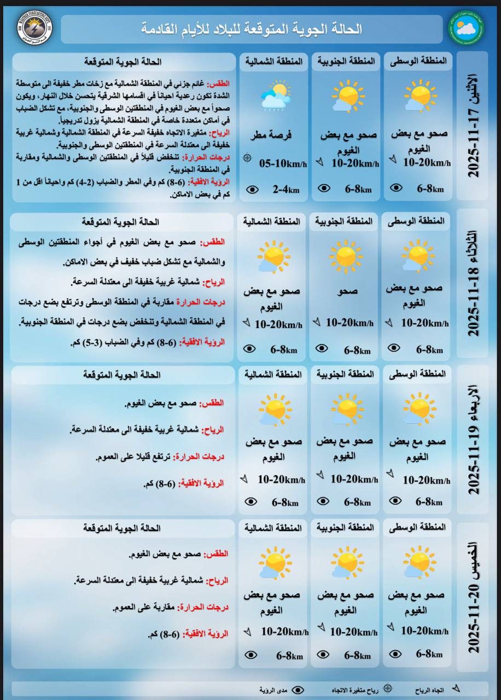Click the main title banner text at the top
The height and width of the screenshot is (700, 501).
coord(252,29)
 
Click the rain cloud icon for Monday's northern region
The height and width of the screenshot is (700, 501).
coord(275,95)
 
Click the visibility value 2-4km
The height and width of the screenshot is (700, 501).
coord(286,189)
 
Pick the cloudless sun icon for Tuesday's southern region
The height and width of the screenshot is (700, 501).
coord(346,256)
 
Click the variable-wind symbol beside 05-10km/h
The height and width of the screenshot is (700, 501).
coord(247,158)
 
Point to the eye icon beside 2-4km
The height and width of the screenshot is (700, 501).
coord(252,189)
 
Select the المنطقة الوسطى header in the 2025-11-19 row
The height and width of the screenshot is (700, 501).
coord(417,374)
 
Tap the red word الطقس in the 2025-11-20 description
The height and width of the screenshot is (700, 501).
coord(216,555)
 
